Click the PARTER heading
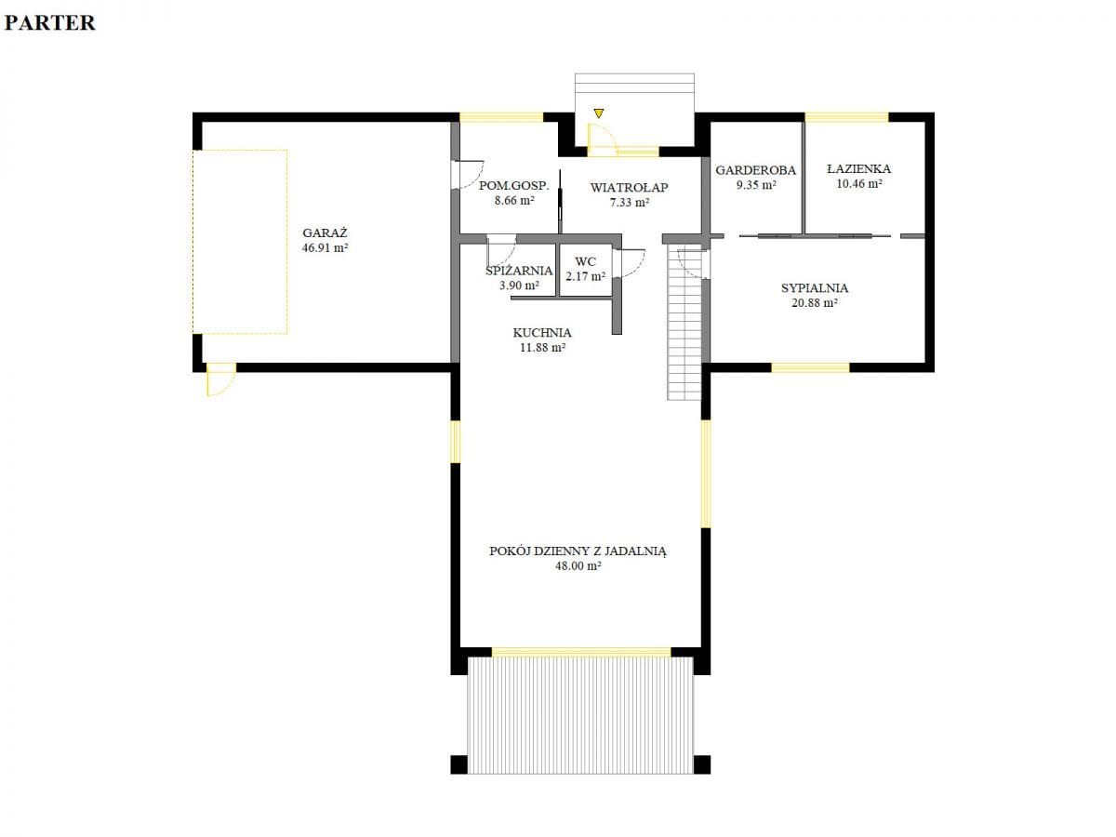point(50,23)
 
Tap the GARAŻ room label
point(325,232)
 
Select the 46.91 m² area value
point(325,248)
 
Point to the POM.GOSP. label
point(514,185)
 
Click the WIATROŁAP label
point(629,188)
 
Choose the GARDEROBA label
point(755,170)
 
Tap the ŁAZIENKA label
point(858,168)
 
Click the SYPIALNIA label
point(815,288)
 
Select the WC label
point(585,261)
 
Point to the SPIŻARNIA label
point(519,271)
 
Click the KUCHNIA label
point(542,333)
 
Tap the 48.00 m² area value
point(578,565)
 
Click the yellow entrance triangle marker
point(599,113)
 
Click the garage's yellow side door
point(221,379)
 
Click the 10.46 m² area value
point(858,183)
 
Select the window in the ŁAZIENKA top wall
point(846,117)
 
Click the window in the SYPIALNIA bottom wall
point(810,367)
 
